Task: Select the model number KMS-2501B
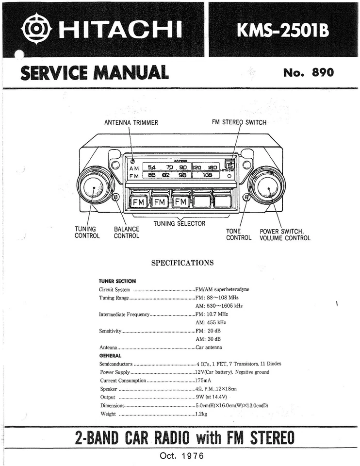pyautogui.click(x=283, y=30)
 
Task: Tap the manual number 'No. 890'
pyautogui.click(x=308, y=73)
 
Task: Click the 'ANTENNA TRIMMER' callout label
pyautogui.click(x=131, y=123)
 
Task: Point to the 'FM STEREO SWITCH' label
pyautogui.click(x=239, y=123)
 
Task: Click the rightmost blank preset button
pyautogui.click(x=222, y=200)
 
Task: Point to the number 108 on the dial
pyautogui.click(x=207, y=175)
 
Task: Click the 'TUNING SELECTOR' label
pyautogui.click(x=179, y=224)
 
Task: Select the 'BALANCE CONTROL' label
pyautogui.click(x=127, y=233)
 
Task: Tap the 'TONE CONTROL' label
pyautogui.click(x=239, y=234)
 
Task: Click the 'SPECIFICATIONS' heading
pyautogui.click(x=182, y=263)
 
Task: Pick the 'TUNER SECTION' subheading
pyautogui.click(x=117, y=281)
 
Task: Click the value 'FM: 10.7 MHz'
pyautogui.click(x=212, y=314)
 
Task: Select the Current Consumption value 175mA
pyautogui.click(x=203, y=380)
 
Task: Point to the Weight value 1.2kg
pyautogui.click(x=201, y=414)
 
